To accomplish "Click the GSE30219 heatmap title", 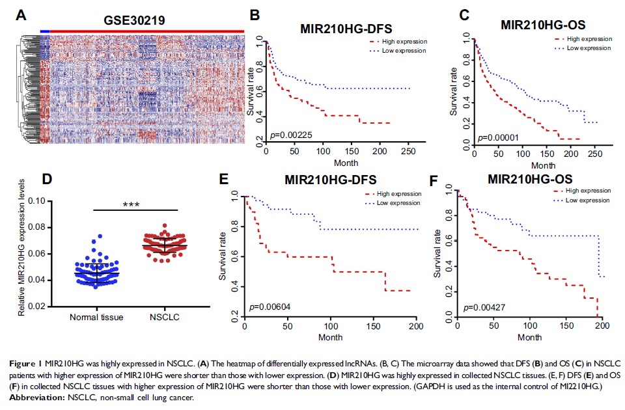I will pos(135,21).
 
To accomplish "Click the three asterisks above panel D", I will pos(135,205).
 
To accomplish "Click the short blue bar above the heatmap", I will pos(44,31).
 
